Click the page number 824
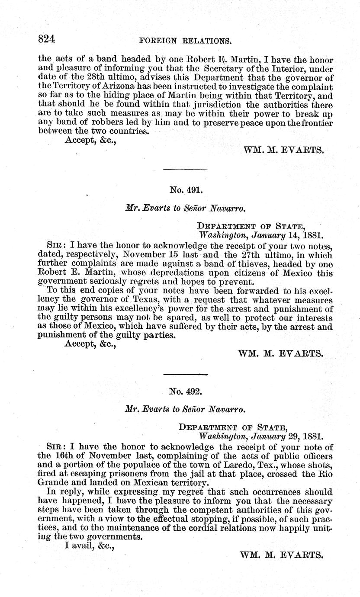[47, 40]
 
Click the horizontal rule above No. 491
[186, 170]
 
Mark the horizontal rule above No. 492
[186, 374]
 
